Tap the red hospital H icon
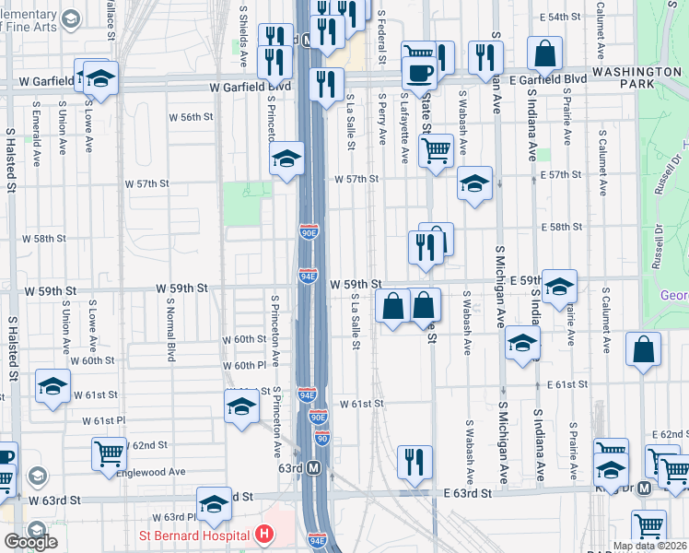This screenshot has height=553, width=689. pos(264,534)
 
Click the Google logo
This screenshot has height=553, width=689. pos(30,542)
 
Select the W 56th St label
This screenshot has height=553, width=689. pos(191,117)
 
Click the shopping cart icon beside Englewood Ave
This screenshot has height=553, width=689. pos(109,453)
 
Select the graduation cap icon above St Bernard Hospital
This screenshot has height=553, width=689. pos(214,502)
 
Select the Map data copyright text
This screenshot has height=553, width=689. pos(649,546)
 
